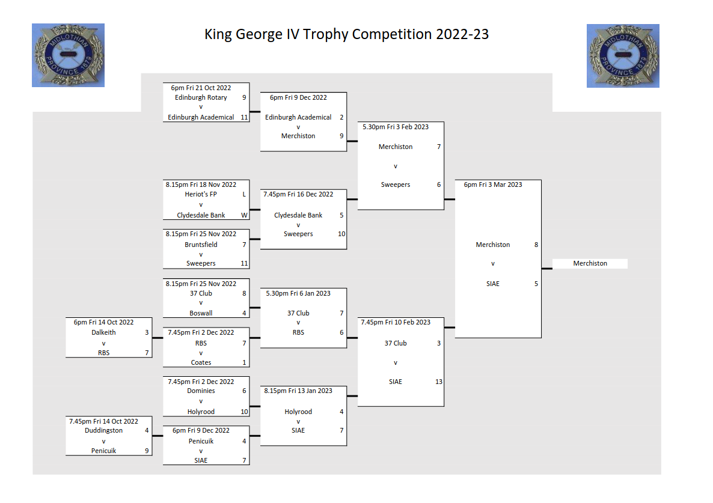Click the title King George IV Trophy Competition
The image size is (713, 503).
click(346, 34)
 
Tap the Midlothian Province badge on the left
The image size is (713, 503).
click(68, 55)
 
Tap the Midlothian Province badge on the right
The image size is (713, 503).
click(623, 55)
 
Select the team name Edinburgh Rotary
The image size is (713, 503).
click(201, 97)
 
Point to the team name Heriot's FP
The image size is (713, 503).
click(201, 195)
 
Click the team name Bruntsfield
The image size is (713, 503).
click(201, 245)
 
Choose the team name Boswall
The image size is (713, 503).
click(201, 313)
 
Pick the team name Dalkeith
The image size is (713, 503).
click(103, 332)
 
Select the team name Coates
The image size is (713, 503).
click(201, 362)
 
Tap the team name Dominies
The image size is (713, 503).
click(201, 391)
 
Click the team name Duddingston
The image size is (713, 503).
click(103, 430)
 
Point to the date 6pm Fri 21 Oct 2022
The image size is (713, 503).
click(201, 88)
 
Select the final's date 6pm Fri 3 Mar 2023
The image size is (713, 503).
click(493, 184)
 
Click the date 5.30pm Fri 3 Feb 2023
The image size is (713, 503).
click(395, 127)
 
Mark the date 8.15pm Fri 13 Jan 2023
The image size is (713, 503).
click(298, 391)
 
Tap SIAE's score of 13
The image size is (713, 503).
click(439, 382)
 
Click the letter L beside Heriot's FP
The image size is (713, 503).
click(244, 195)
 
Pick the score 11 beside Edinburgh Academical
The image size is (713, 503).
click(244, 117)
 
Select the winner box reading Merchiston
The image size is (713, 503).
click(590, 263)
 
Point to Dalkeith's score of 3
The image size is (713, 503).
click(147, 332)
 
